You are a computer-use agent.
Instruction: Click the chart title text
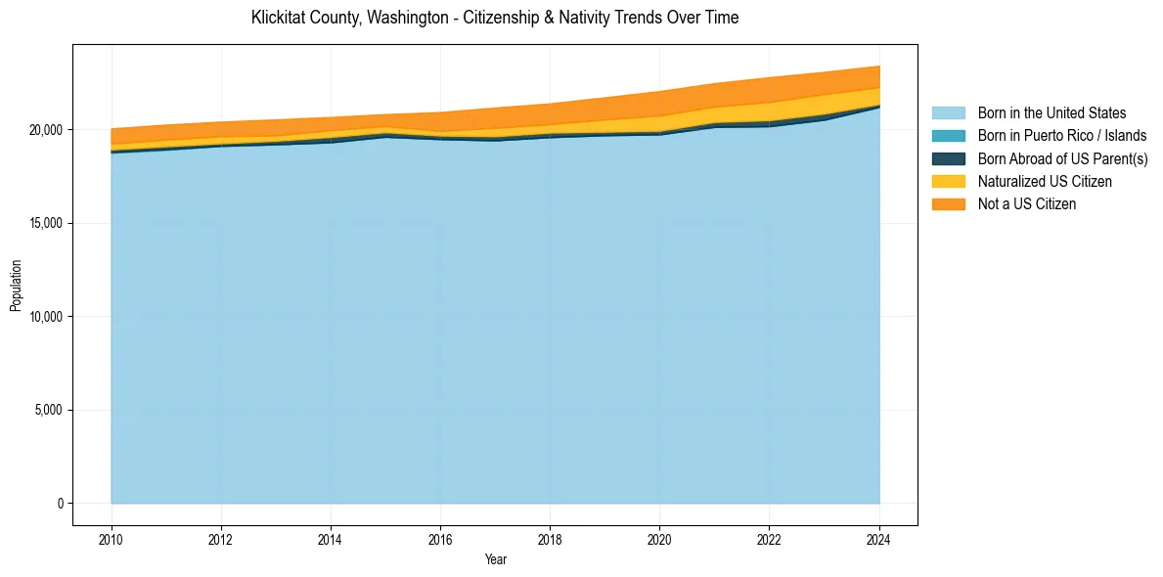click(495, 18)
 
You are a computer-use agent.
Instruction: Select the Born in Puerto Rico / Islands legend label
click(1062, 136)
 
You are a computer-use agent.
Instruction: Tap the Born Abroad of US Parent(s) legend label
click(1062, 158)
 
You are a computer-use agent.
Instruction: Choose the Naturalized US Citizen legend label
click(1045, 182)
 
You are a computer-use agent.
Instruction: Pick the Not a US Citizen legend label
click(1027, 204)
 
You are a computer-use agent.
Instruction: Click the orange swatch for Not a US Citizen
click(948, 204)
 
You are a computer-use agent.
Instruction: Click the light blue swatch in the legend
click(948, 113)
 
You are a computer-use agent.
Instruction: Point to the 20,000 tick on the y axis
click(46, 130)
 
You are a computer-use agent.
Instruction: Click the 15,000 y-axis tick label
click(46, 223)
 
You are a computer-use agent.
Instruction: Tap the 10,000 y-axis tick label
click(46, 317)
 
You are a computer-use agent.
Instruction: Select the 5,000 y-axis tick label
click(49, 410)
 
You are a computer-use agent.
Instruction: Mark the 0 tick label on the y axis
click(60, 504)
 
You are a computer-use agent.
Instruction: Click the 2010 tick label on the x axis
click(112, 538)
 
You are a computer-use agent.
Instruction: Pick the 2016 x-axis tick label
click(440, 538)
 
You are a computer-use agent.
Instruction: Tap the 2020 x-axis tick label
click(659, 538)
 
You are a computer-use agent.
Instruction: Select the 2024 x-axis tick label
click(879, 538)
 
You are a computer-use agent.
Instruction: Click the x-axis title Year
click(495, 559)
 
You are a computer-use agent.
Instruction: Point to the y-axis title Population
click(16, 286)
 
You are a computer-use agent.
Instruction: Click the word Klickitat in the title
click(280, 18)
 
